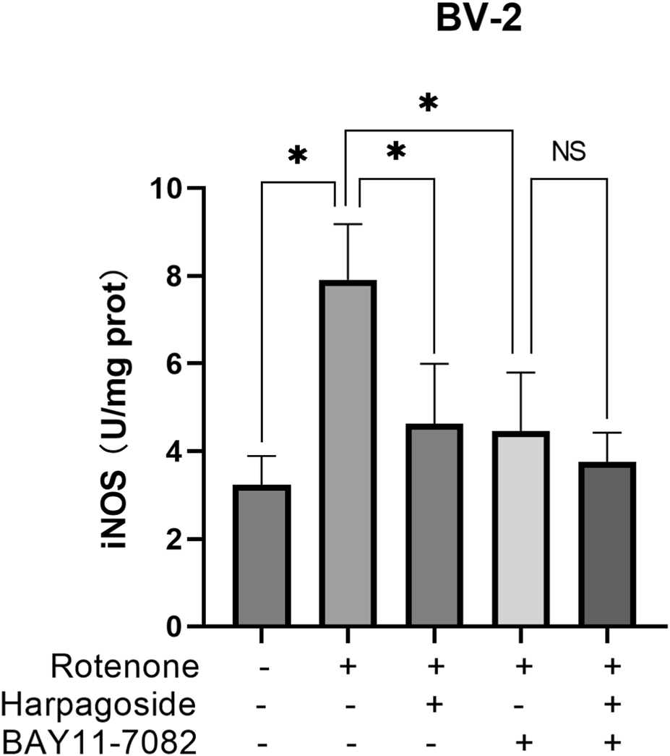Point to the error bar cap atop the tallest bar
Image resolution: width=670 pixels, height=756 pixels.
348,224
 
